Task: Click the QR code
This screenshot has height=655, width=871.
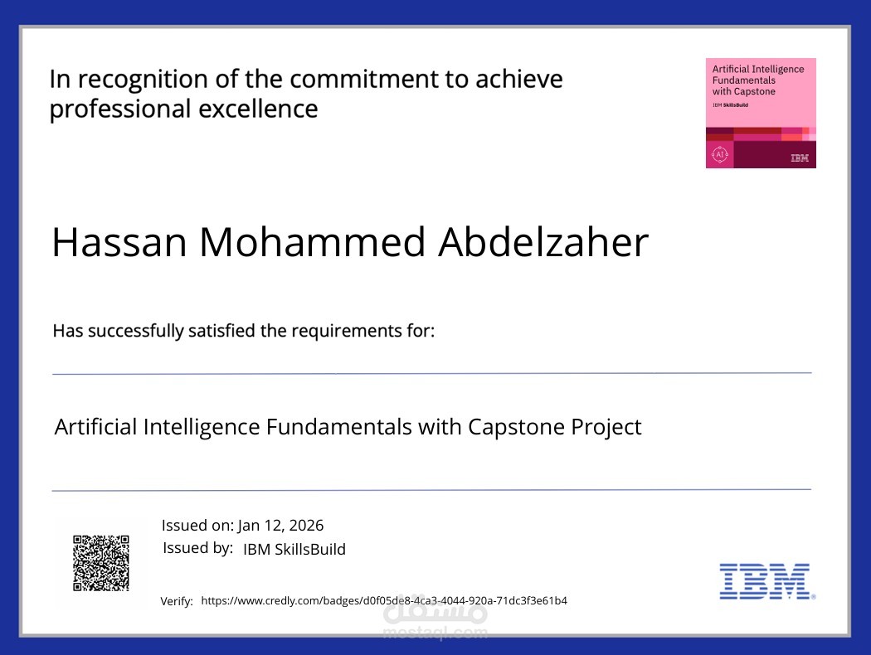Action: click(101, 563)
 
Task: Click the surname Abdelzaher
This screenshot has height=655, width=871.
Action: click(543, 242)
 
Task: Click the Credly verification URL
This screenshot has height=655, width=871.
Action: click(384, 600)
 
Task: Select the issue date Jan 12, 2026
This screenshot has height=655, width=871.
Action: click(280, 525)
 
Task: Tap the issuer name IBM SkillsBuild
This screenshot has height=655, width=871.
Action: click(294, 549)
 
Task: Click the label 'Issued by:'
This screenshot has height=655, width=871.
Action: click(197, 548)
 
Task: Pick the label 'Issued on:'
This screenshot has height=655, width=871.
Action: click(197, 525)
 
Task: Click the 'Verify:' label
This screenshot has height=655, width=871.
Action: click(177, 601)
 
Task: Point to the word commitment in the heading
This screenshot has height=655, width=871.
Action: click(377, 80)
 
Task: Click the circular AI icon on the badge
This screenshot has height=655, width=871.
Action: click(719, 154)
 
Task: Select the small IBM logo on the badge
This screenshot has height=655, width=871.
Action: click(800, 158)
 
